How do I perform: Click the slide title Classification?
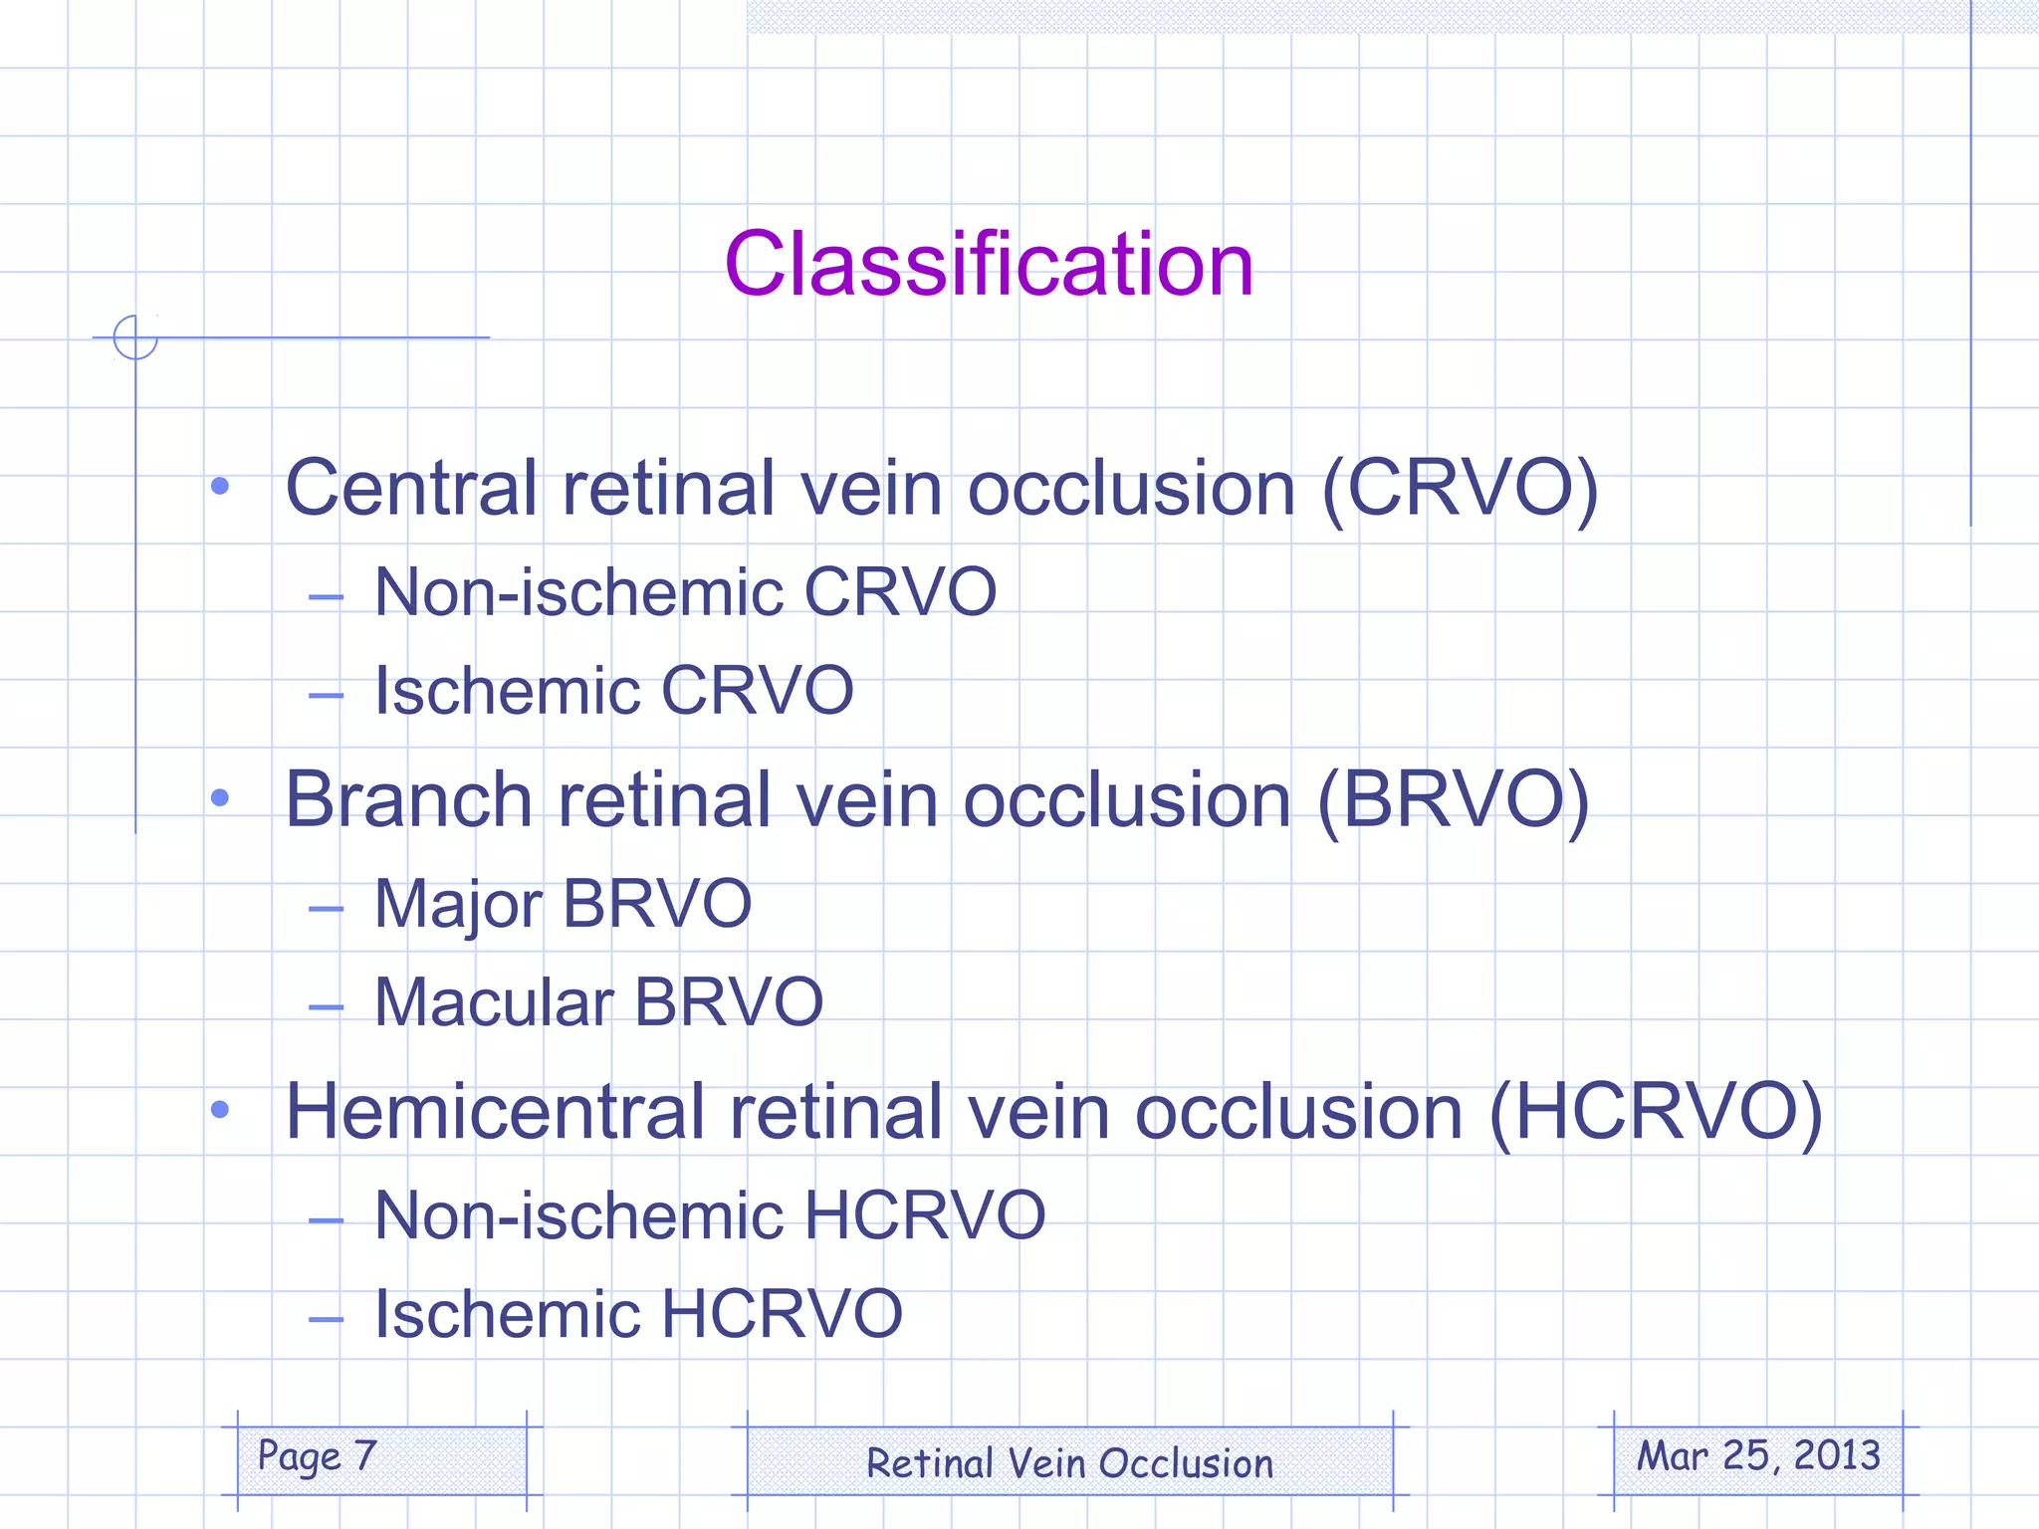[x=989, y=264]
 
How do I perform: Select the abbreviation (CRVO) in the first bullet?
[x=1460, y=488]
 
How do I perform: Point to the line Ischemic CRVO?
[x=613, y=690]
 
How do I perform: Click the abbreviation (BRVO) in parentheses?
[x=1454, y=799]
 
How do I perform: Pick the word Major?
[x=458, y=905]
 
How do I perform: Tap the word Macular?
[x=494, y=1001]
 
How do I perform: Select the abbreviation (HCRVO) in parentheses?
[x=1656, y=1112]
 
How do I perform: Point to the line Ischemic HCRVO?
[x=637, y=1314]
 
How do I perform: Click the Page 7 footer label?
[x=317, y=1456]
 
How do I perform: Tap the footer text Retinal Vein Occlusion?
[x=1069, y=1463]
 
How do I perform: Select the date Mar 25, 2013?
[x=1758, y=1456]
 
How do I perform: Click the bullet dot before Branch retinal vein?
[x=220, y=798]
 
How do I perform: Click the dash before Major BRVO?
[x=326, y=908]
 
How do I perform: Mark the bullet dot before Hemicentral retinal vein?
[x=220, y=1110]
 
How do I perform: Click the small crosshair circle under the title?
[x=135, y=337]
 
